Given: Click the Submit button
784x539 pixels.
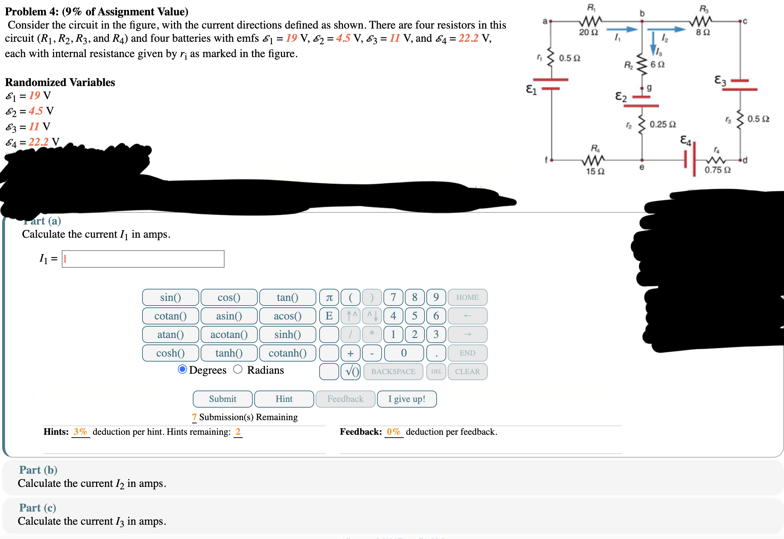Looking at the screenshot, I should (x=222, y=399).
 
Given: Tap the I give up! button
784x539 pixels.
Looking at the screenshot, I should (x=407, y=399).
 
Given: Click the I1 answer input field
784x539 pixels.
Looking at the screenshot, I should (x=143, y=259).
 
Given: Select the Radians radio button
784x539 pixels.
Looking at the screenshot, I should (x=238, y=369).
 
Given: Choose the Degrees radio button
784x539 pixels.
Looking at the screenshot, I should (x=182, y=369).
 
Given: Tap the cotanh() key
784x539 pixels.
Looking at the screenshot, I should (x=287, y=353).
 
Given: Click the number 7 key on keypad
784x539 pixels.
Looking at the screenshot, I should (x=393, y=297).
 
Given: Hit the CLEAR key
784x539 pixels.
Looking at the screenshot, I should (x=467, y=372).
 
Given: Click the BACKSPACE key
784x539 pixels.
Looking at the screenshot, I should (x=393, y=372).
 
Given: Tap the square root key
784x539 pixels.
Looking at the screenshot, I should (x=351, y=372).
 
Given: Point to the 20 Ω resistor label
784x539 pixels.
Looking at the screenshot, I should (x=588, y=32).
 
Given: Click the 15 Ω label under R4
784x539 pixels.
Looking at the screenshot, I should (x=595, y=171).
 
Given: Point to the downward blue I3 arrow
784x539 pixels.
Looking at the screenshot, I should (x=653, y=43).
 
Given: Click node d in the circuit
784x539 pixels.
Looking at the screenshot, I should (x=741, y=160).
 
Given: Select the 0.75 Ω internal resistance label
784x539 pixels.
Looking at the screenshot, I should (x=717, y=170).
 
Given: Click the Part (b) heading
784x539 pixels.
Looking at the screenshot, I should (x=38, y=470).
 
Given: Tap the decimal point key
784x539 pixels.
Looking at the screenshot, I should (x=436, y=353).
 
